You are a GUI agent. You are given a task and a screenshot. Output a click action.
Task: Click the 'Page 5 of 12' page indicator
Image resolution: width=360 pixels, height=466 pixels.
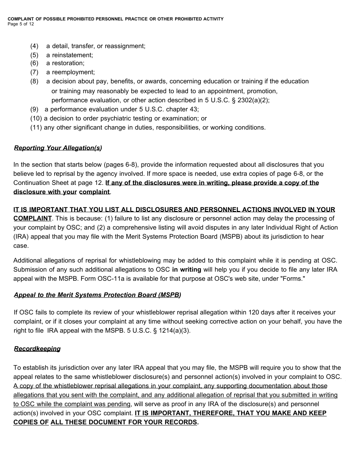[21, 24]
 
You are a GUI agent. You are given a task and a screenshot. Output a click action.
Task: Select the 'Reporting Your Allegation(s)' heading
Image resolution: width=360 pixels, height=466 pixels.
[58, 148]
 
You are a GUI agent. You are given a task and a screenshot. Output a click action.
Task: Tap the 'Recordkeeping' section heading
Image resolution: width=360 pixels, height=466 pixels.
[37, 349]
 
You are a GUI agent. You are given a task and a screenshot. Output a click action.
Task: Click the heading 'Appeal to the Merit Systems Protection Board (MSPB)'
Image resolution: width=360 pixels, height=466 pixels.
[97, 295]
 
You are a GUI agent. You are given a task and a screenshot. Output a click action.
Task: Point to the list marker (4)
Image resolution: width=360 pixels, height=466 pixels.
[34, 46]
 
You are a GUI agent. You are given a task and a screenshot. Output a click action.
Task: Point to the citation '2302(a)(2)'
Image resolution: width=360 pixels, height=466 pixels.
[255, 100]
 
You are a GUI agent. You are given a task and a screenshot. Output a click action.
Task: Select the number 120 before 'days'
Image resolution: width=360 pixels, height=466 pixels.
[254, 313]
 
